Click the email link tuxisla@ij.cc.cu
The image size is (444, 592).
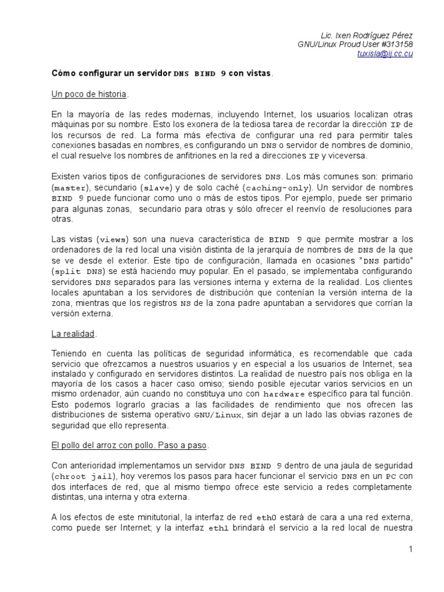click(385, 54)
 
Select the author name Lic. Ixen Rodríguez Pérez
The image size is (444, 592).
click(367, 35)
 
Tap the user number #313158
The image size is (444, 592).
click(396, 44)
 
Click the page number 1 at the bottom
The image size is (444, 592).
click(410, 549)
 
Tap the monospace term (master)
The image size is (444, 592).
click(69, 188)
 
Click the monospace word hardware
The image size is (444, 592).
click(287, 394)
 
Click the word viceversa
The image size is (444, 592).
click(345, 156)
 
